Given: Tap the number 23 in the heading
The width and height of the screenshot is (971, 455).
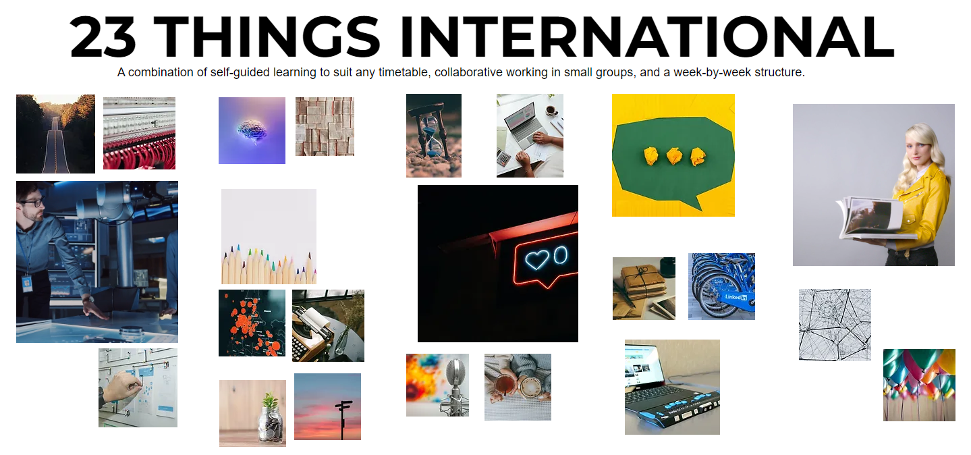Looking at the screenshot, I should (103, 37).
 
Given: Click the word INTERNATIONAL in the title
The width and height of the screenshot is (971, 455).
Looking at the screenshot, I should (646, 37).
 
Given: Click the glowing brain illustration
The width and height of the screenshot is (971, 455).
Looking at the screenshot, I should (251, 130).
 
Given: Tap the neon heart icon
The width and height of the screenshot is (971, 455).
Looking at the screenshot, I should (537, 259).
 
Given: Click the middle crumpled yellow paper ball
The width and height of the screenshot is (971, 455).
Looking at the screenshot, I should (674, 157).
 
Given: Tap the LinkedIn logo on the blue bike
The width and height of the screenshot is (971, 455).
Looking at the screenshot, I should (735, 297).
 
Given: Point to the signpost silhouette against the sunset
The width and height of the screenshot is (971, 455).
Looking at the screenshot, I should (343, 416).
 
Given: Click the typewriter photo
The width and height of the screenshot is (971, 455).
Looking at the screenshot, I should (328, 325).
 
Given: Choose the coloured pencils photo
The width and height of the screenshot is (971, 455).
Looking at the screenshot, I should (269, 236).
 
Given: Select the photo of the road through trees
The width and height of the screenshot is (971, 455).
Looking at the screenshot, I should (55, 134).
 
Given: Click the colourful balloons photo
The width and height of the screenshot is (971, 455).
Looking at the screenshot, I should (919, 385).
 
